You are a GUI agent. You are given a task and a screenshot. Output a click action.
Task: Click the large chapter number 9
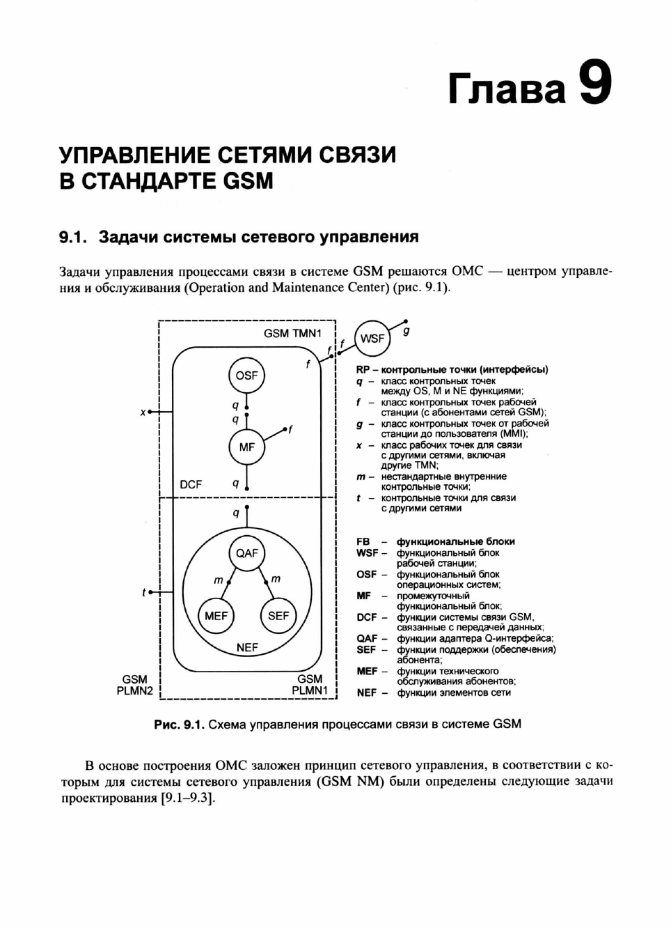(595, 84)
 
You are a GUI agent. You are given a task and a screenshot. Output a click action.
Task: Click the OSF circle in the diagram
(246, 376)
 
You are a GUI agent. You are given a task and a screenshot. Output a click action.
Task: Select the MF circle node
(246, 447)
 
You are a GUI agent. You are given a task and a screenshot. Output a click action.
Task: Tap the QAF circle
(246, 553)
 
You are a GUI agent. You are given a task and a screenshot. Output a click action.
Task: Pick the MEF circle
(216, 616)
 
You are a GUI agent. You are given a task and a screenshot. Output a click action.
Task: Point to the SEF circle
(278, 616)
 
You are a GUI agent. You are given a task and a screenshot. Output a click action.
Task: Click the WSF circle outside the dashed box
(372, 339)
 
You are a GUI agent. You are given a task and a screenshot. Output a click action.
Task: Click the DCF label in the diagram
(191, 484)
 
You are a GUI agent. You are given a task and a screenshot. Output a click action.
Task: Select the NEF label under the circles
(246, 648)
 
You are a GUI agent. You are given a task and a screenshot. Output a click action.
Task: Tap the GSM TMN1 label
(292, 334)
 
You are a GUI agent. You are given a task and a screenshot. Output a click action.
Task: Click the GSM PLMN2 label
(134, 685)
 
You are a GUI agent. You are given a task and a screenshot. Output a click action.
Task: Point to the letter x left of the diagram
(143, 412)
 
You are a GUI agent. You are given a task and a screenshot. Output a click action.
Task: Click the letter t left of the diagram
(143, 593)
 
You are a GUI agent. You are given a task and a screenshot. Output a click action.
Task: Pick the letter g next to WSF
(406, 331)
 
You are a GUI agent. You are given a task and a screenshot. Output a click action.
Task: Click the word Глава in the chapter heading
(507, 89)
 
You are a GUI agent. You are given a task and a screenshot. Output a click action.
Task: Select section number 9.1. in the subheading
(72, 238)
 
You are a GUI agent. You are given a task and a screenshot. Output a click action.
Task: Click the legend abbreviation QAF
(367, 638)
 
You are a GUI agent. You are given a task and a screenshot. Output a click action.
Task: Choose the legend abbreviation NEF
(367, 693)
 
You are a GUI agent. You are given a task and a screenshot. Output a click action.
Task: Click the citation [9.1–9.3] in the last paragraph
(187, 798)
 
